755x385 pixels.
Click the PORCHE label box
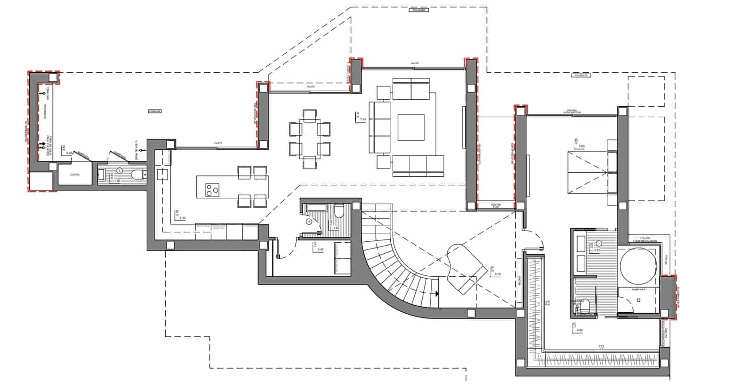pos(155,111)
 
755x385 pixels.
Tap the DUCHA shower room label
pos(75,175)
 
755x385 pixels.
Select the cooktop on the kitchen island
pos(212,190)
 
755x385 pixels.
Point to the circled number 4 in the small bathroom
pos(309,221)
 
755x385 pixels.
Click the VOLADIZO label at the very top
pos(419,9)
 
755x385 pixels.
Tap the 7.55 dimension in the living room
pos(363,120)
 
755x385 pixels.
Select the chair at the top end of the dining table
pos(310,115)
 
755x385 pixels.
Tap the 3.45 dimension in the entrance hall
pos(320,249)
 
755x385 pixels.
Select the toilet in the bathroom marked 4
pos(339,210)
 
